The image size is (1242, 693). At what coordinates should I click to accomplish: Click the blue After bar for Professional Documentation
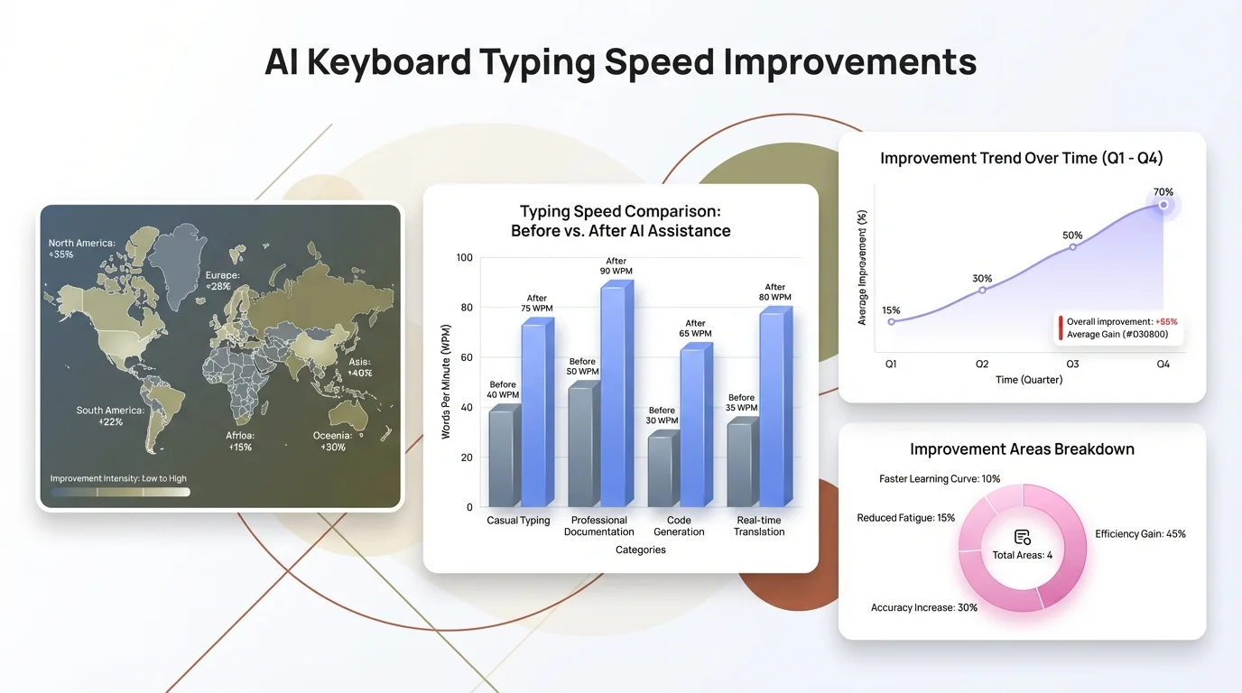pyautogui.click(x=616, y=397)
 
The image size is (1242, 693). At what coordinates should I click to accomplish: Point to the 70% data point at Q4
pyautogui.click(x=1163, y=205)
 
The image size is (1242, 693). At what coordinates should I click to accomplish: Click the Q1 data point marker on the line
pyautogui.click(x=892, y=321)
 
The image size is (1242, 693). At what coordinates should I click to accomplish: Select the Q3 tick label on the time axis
pyautogui.click(x=1072, y=364)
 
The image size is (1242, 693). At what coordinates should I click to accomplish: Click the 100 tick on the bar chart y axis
pyautogui.click(x=465, y=258)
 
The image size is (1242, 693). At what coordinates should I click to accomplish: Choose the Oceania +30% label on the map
pyautogui.click(x=333, y=441)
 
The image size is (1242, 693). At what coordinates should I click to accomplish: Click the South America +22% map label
pyautogui.click(x=109, y=416)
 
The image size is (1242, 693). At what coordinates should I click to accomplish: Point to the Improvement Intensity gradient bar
pyautogui.click(x=120, y=492)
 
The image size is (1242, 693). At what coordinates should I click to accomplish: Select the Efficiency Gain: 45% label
pyautogui.click(x=1140, y=534)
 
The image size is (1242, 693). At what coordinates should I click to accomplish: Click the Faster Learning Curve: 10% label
pyautogui.click(x=939, y=479)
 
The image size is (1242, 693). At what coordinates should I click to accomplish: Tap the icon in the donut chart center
pyautogui.click(x=1022, y=537)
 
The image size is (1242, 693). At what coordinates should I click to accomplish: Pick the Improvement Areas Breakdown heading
pyautogui.click(x=1022, y=449)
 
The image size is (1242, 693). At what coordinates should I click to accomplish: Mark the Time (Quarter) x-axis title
pyautogui.click(x=1028, y=380)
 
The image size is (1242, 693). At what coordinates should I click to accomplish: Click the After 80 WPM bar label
pyautogui.click(x=774, y=292)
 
